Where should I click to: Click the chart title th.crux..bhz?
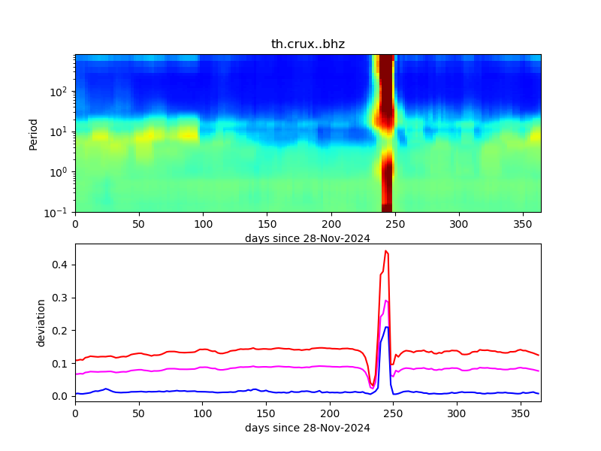[x=307, y=44]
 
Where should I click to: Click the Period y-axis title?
[x=33, y=133]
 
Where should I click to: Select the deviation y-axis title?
[x=41, y=322]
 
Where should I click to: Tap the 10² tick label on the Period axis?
[x=61, y=92]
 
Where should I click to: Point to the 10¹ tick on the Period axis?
[x=61, y=132]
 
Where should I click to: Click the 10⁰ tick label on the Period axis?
[x=61, y=172]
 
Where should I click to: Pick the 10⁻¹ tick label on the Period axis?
[x=60, y=212]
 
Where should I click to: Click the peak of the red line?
[x=385, y=251]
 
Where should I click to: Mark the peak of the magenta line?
[x=385, y=301]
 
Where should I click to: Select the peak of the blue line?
[x=386, y=327]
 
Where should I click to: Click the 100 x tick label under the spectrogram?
[x=203, y=224]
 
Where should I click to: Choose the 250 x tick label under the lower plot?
[x=394, y=413]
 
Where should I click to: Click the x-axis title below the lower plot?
[x=307, y=428]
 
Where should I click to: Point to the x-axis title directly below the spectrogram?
[x=307, y=238]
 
